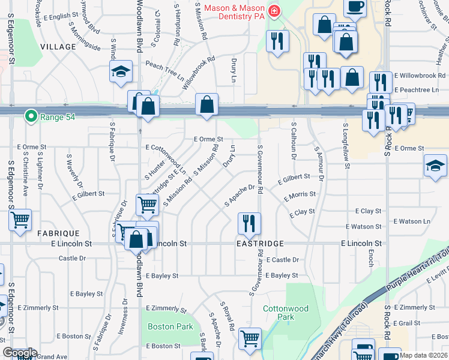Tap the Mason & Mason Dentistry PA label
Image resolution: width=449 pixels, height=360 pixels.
[x=235, y=8]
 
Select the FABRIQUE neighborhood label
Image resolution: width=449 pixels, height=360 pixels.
[x=58, y=233]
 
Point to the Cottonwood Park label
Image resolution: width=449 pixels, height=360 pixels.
[x=286, y=313]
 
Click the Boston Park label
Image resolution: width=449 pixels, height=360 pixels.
[x=171, y=326]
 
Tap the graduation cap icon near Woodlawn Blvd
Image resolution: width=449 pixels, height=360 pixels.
[x=121, y=71]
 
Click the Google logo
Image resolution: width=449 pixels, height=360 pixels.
[x=19, y=352]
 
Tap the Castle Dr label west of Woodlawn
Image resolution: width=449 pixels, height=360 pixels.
[x=72, y=258]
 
